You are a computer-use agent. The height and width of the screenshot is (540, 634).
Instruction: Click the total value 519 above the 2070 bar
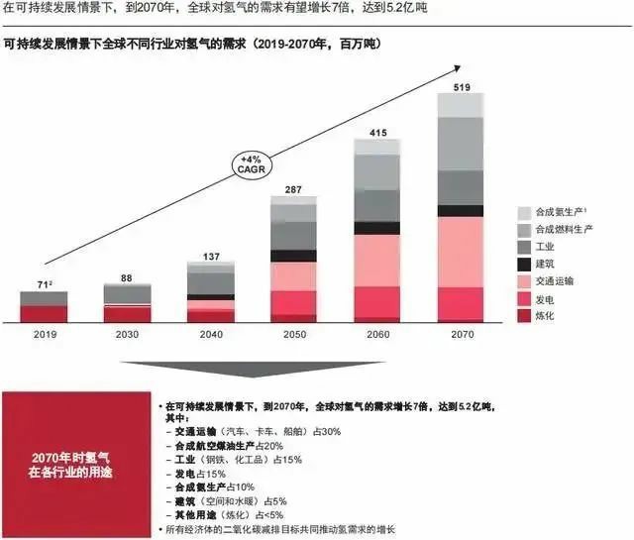pyautogui.click(x=462, y=86)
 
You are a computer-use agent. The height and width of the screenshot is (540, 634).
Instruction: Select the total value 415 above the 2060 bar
pyautogui.click(x=377, y=132)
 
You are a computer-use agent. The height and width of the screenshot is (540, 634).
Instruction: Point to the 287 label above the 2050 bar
pyautogui.click(x=293, y=188)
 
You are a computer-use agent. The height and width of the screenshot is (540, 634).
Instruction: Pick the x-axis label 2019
pyautogui.click(x=44, y=336)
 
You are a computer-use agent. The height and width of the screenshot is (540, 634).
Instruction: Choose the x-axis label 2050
pyautogui.click(x=293, y=336)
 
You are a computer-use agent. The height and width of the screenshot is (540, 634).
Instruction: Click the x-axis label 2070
pyautogui.click(x=462, y=336)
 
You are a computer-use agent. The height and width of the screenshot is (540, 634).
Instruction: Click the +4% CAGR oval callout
pyautogui.click(x=251, y=162)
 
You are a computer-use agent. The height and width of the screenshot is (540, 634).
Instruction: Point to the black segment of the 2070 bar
pyautogui.click(x=462, y=211)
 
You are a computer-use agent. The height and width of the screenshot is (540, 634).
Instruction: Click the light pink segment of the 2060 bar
pyautogui.click(x=377, y=261)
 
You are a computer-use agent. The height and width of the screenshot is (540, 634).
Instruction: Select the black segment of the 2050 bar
pyautogui.click(x=293, y=256)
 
